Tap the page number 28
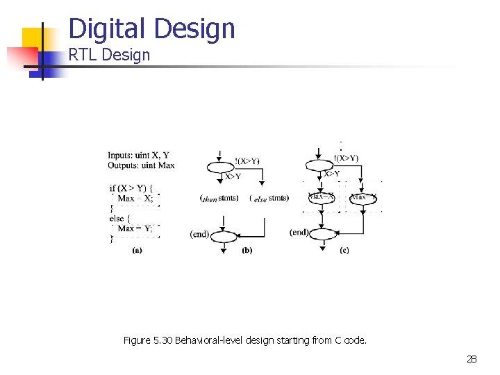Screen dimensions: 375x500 (x=472, y=359)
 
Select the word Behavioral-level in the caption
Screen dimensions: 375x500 (x=212, y=340)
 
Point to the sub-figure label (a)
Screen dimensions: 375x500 (x=137, y=251)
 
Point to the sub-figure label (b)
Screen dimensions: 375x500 (x=247, y=251)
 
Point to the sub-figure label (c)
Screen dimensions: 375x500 (x=344, y=251)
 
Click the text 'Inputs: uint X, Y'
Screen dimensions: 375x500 (x=138, y=155)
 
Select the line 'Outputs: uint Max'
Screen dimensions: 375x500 (x=141, y=165)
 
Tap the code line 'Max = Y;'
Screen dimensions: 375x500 (x=135, y=228)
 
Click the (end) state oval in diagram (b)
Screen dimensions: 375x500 (x=224, y=235)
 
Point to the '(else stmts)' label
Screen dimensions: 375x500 (x=269, y=199)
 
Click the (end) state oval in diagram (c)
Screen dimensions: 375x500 (x=322, y=234)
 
